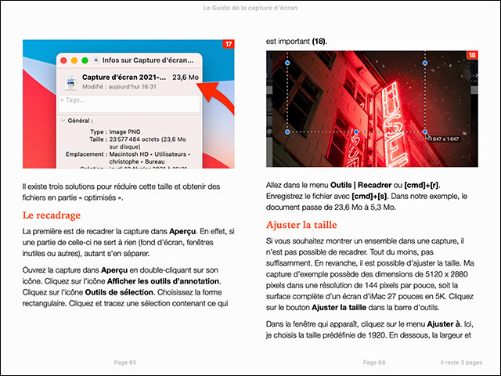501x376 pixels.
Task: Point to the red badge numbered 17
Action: click(228, 45)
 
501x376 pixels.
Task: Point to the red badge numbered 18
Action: click(472, 56)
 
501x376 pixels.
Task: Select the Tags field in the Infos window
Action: click(129, 101)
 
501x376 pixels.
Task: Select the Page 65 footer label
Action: click(125, 363)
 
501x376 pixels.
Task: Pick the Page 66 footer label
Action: click(370, 363)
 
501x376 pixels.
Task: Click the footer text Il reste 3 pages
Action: click(466, 363)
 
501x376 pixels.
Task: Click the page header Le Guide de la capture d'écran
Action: click(250, 8)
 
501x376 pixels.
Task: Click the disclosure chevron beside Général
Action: click(63, 121)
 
